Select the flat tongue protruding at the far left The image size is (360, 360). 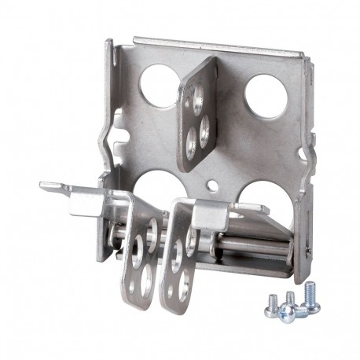55,186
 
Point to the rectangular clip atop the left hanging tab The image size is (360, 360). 86,200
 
